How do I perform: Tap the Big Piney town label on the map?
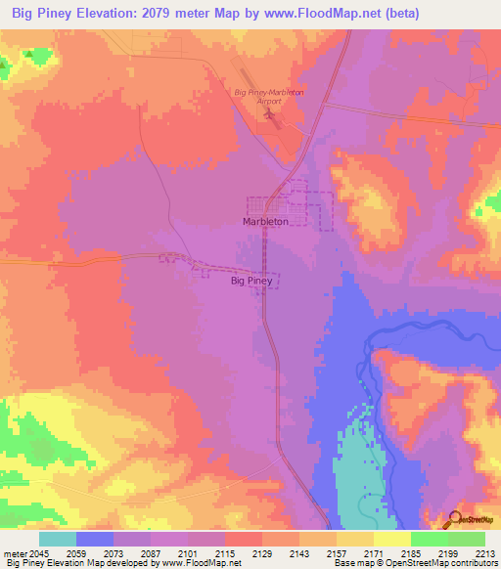click(x=250, y=281)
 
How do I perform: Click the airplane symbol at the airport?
click(x=270, y=117)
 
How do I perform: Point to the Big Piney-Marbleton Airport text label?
click(x=258, y=97)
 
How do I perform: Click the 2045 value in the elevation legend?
click(x=39, y=553)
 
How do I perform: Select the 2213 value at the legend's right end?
click(x=485, y=553)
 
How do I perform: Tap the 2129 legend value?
click(x=262, y=553)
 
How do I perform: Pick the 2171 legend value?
click(x=374, y=553)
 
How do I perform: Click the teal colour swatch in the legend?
click(x=58, y=539)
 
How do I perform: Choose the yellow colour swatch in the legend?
click(x=391, y=539)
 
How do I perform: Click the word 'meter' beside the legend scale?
click(x=15, y=553)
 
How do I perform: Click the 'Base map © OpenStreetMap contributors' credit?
click(x=414, y=564)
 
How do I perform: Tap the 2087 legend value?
click(x=151, y=553)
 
